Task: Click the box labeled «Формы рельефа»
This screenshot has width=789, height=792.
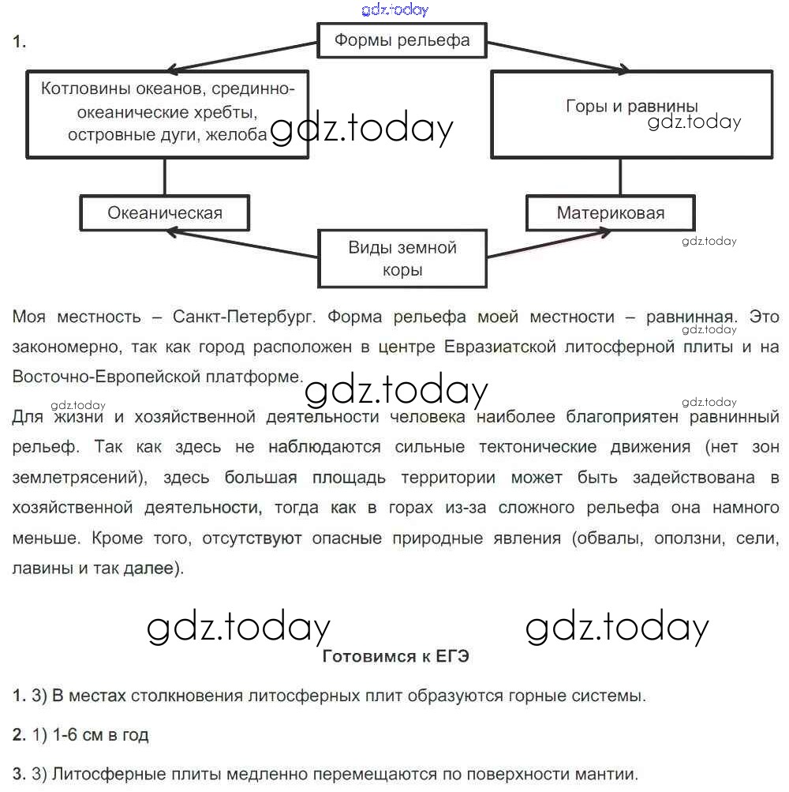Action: click(402, 40)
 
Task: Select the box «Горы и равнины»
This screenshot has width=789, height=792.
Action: click(632, 114)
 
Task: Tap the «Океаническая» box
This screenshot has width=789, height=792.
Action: click(165, 212)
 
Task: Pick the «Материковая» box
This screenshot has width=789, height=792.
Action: click(611, 212)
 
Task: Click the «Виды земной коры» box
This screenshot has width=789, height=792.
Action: click(402, 258)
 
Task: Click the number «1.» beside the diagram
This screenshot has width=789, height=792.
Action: click(20, 43)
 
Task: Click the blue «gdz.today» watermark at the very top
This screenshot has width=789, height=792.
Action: click(394, 9)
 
